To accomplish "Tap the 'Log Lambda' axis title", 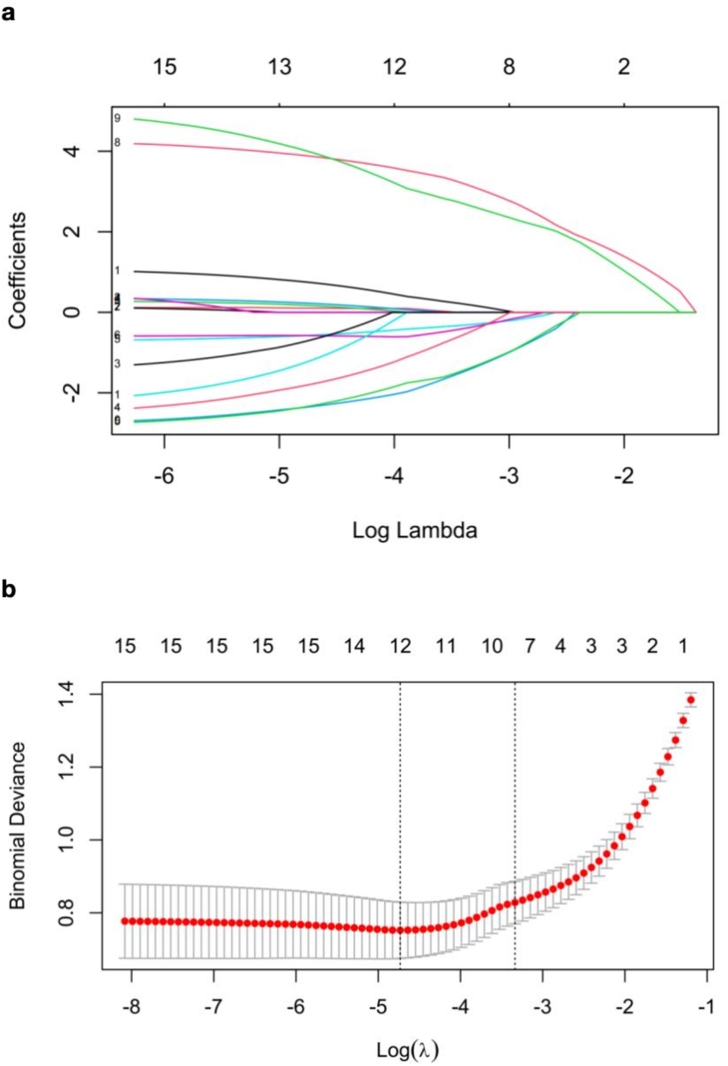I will coord(414,530).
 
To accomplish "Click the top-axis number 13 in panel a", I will coord(279,68).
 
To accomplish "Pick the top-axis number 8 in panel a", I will coord(509,68).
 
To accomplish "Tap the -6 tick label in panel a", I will coord(164,476).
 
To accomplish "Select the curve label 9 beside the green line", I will coord(117,118).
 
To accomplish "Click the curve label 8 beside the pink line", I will coord(117,143).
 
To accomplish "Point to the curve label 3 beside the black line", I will coord(117,364).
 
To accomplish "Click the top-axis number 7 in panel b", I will coord(530,646).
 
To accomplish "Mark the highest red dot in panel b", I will coord(691,700).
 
